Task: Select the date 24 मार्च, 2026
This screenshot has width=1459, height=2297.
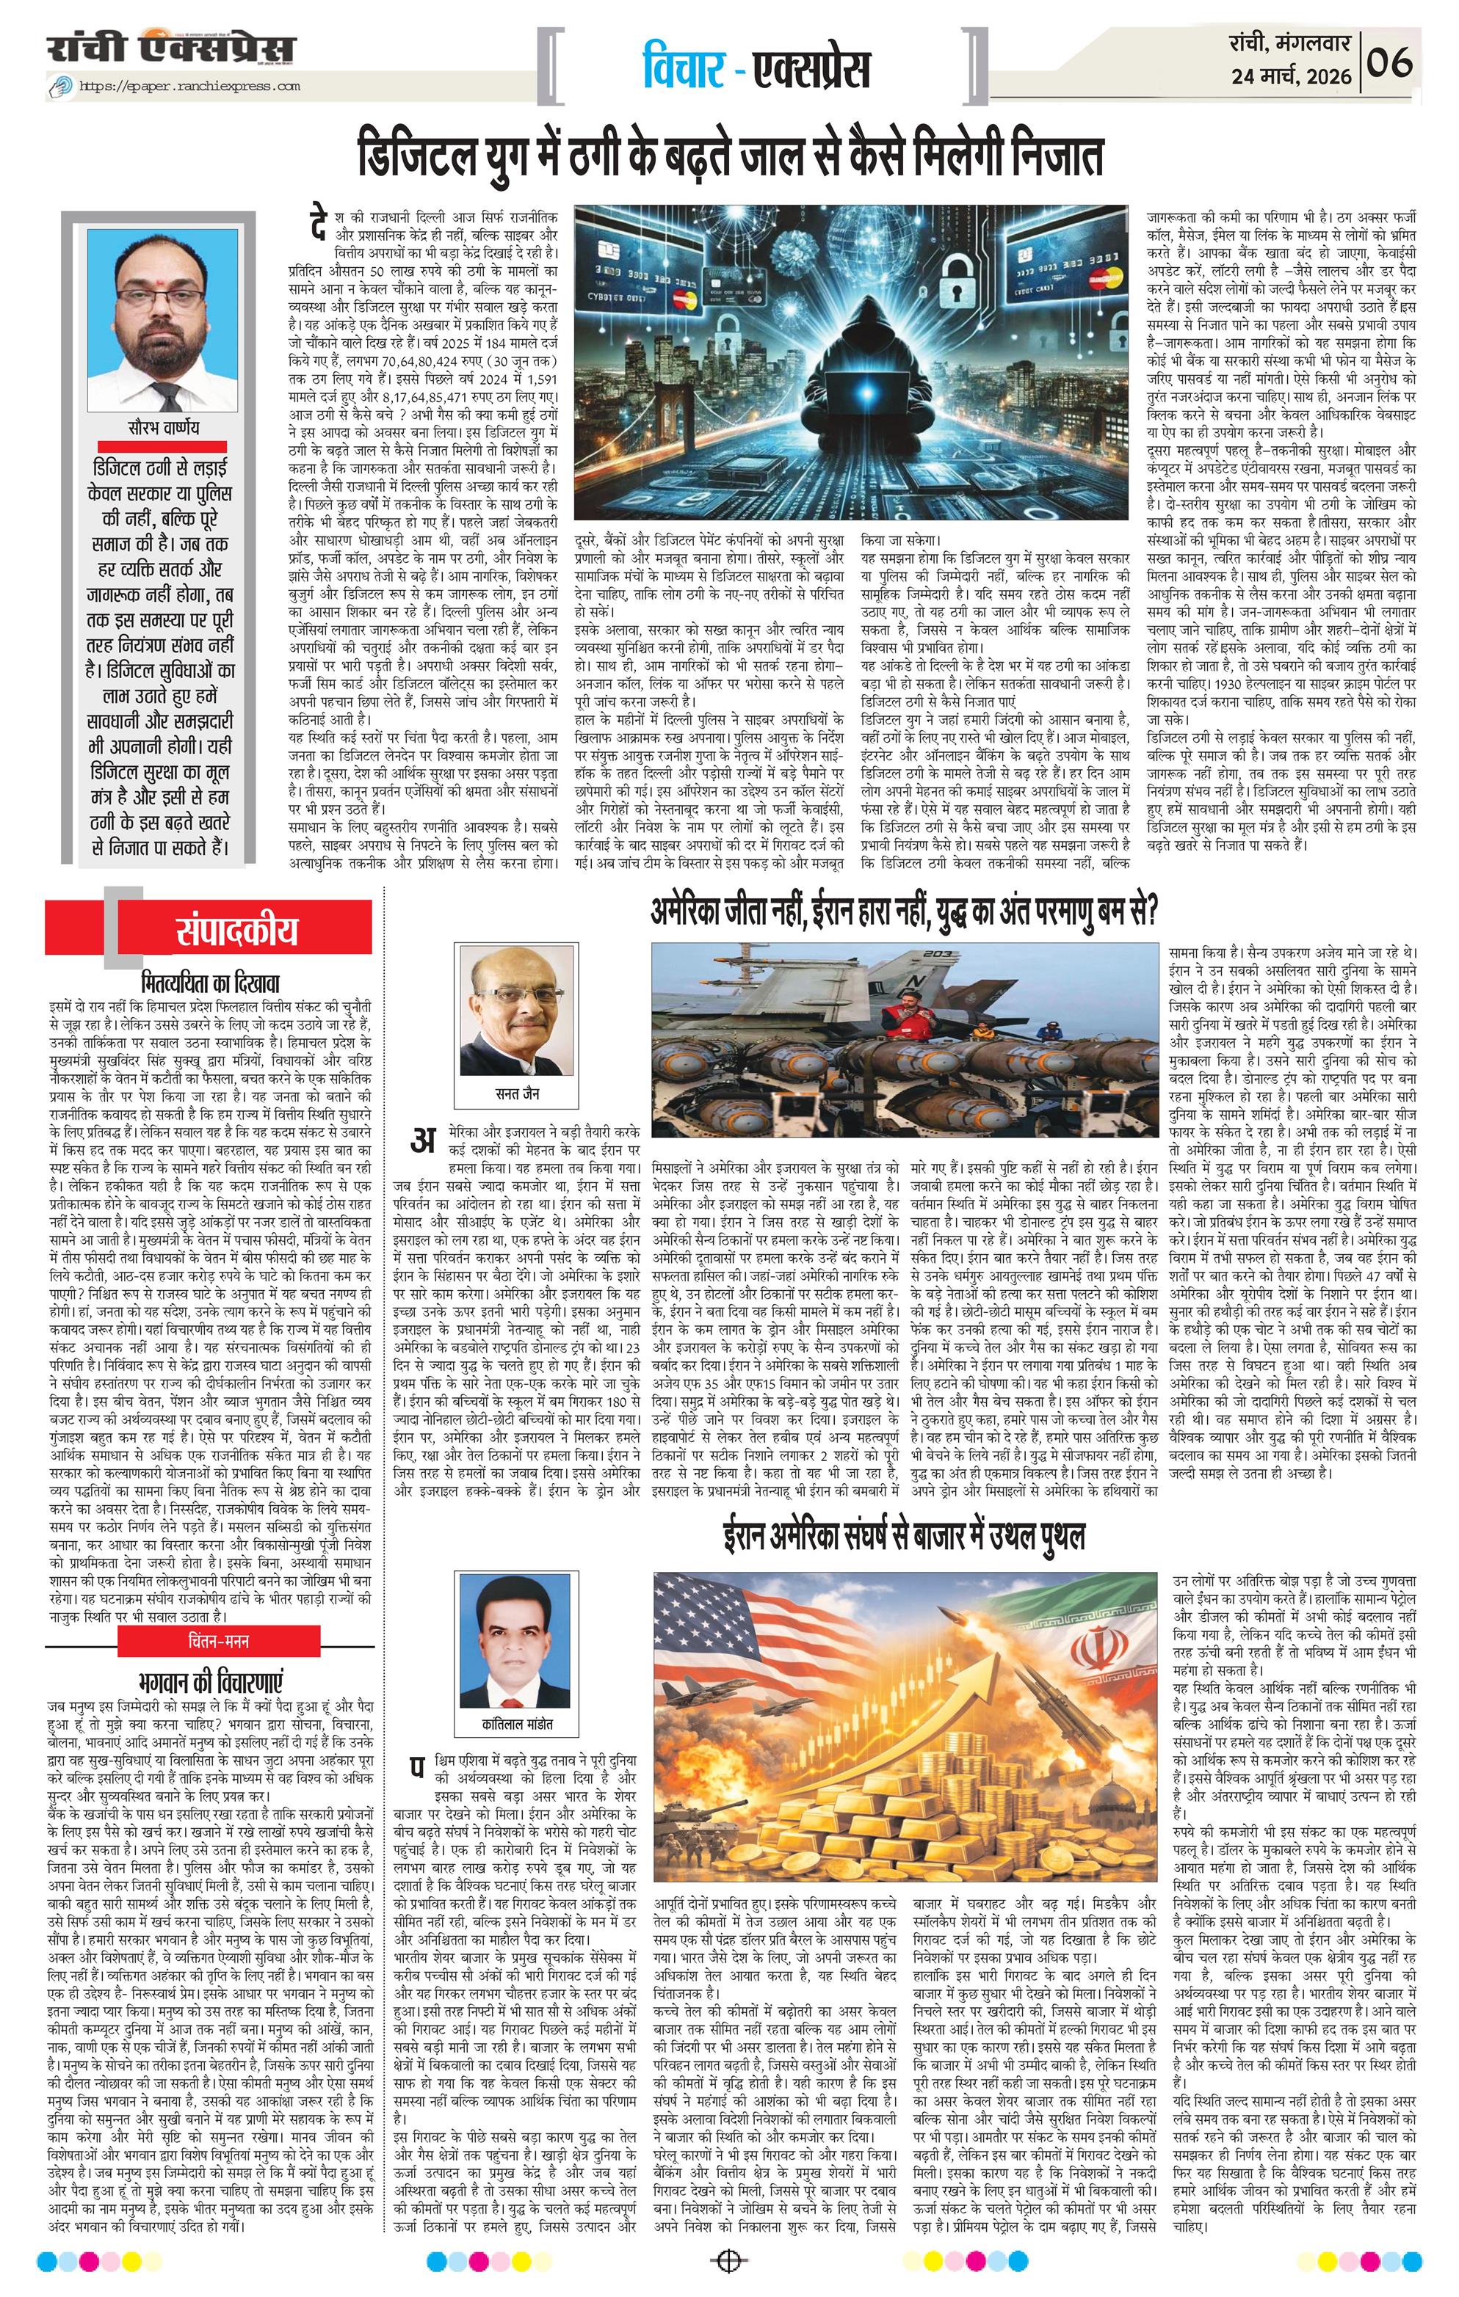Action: click(x=1292, y=76)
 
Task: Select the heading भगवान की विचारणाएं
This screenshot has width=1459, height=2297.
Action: click(x=211, y=1681)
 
